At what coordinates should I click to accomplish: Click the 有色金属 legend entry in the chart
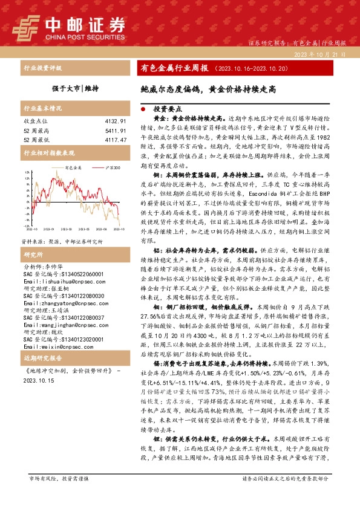pyautogui.click(x=72, y=167)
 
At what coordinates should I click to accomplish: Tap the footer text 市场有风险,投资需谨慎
pyautogui.click(x=59, y=495)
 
